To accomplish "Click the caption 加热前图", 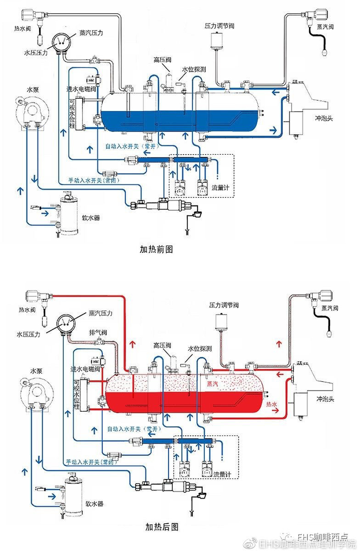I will [156, 249].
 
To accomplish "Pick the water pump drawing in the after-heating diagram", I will [35, 391].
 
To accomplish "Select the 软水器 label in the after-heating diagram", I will [95, 504].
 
